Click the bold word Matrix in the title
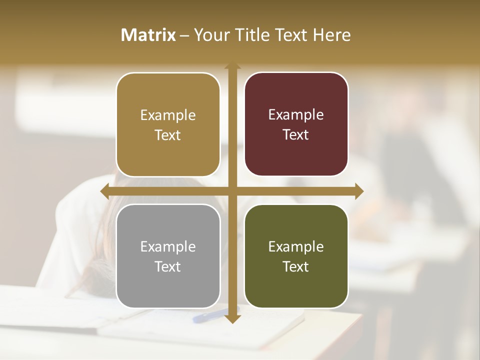click(x=148, y=35)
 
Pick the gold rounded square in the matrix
click(x=168, y=124)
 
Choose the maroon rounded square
click(x=296, y=124)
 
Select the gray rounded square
click(x=168, y=256)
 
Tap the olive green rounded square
click(x=296, y=256)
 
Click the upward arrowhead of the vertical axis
click(x=232, y=66)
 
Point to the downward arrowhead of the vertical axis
click(x=232, y=318)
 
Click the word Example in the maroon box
click(x=296, y=114)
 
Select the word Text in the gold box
click(x=168, y=135)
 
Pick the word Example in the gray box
click(x=168, y=246)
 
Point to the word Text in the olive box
click(x=296, y=266)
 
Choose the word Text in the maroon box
click(x=296, y=134)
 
